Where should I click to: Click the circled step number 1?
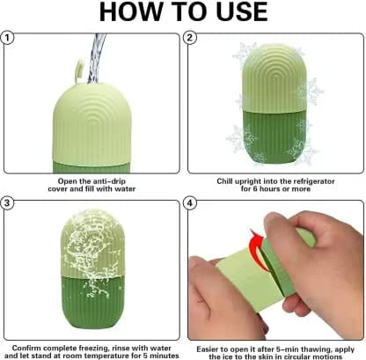[7, 38]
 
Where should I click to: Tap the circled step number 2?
[190, 38]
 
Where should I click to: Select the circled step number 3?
[7, 203]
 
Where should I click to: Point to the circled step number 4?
[190, 203]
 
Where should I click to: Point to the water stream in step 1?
[96, 59]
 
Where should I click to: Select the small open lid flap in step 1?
[79, 70]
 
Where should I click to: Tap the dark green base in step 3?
[92, 302]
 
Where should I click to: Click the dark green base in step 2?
[275, 137]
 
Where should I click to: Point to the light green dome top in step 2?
[274, 77]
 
